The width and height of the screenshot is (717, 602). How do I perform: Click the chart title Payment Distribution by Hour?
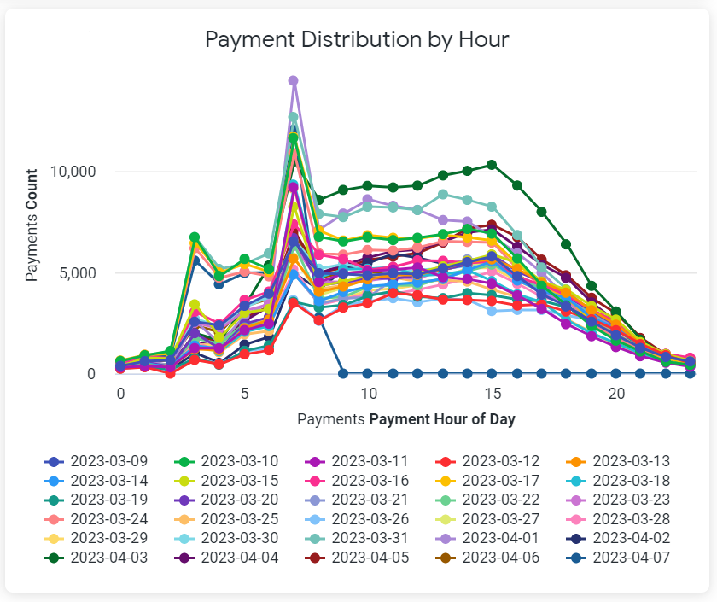point(358,39)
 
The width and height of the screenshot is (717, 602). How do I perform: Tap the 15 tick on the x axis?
point(492,395)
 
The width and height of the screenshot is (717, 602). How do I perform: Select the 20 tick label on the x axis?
point(615,395)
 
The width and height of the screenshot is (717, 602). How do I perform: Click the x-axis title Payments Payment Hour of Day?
point(405,419)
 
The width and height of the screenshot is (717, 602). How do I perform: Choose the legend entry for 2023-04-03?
point(96,558)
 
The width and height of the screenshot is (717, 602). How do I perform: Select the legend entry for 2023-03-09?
point(96,460)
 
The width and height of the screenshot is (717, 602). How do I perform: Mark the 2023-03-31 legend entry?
point(359,539)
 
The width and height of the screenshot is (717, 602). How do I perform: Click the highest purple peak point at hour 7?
point(293,81)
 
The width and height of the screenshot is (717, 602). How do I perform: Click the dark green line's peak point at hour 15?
point(492,165)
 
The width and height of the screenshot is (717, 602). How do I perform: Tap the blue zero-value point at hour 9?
point(342,373)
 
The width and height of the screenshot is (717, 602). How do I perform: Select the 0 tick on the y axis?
point(102,374)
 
